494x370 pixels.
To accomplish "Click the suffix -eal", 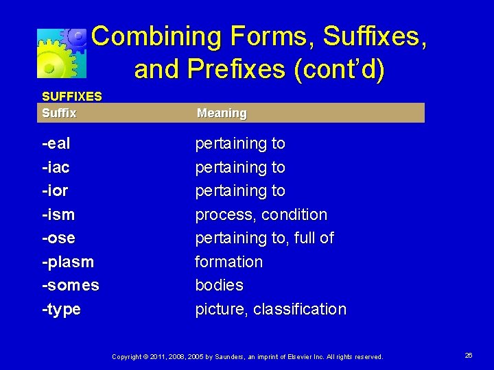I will [56, 144].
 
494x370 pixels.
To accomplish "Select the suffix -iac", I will [56, 167].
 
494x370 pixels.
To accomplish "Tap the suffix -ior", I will [55, 190].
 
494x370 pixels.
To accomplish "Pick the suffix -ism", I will [58, 214].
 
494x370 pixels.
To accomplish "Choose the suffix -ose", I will [58, 238].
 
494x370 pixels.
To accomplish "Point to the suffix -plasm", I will [68, 262].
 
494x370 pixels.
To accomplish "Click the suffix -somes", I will [71, 285].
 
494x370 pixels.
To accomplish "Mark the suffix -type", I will [61, 309].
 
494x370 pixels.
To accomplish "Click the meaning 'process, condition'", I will [261, 214].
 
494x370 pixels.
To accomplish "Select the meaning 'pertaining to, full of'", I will [264, 238].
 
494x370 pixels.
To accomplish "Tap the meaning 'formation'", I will [229, 262].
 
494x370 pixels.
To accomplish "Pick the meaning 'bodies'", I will [220, 285].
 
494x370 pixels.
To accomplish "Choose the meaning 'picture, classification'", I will [270, 309].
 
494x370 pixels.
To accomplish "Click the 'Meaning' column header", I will [222, 113].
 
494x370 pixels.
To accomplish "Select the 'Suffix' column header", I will [59, 112].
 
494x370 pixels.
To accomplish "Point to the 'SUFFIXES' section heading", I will [72, 97].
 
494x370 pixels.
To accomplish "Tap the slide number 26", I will [469, 355].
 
